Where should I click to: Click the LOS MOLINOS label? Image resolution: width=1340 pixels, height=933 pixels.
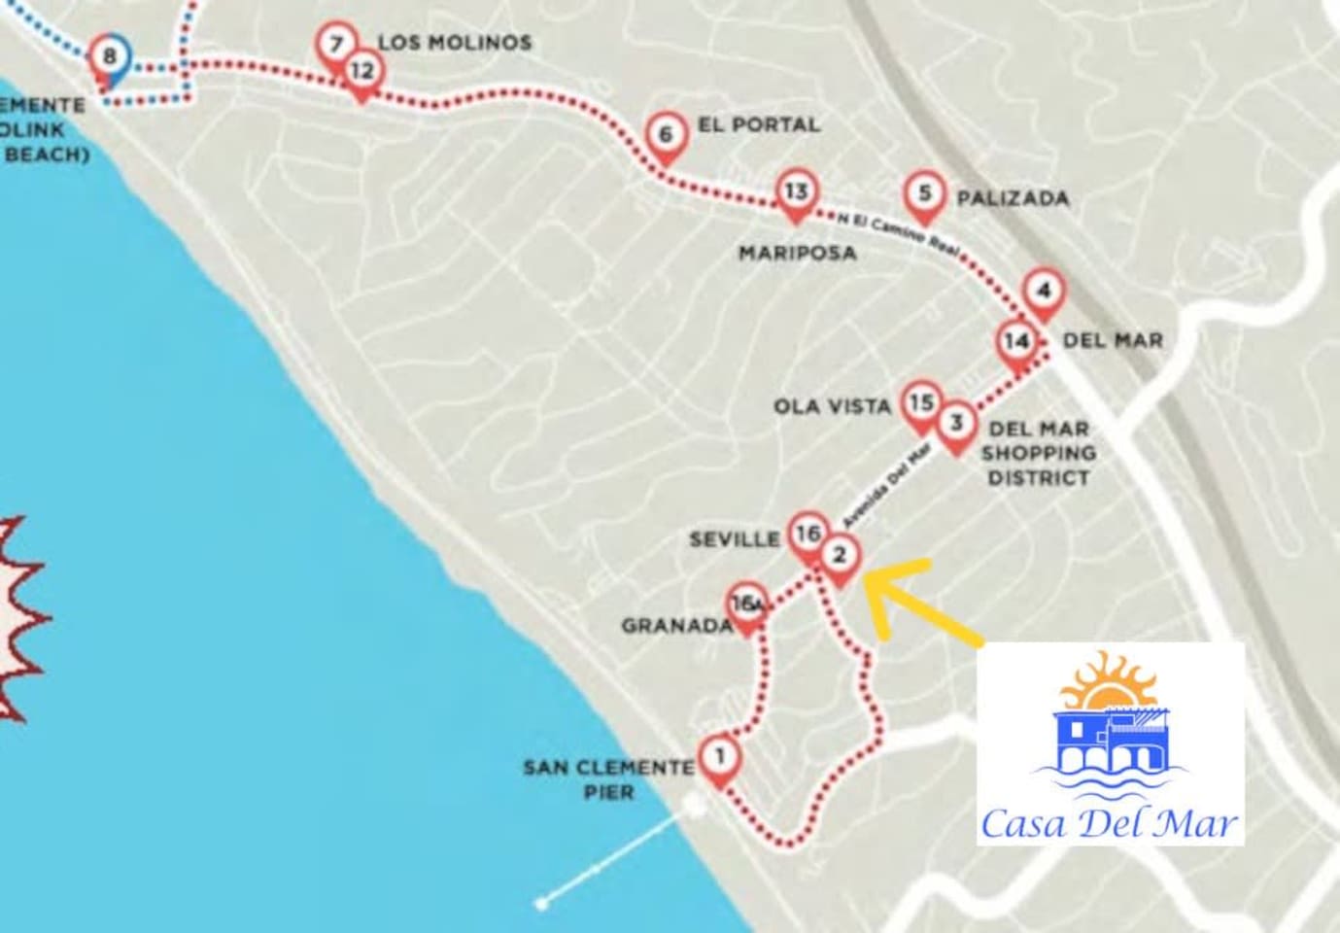point(455,43)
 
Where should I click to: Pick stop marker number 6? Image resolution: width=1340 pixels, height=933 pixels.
point(666,134)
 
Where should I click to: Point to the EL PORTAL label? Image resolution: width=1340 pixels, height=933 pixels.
point(758,125)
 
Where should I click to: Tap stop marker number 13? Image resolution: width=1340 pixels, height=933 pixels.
point(797,191)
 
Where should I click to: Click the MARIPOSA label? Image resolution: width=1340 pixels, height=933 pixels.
point(797,254)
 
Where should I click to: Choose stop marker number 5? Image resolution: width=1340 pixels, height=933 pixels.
point(924,193)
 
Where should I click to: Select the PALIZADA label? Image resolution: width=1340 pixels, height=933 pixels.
point(1013,199)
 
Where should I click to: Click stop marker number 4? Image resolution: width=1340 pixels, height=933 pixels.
point(1044,292)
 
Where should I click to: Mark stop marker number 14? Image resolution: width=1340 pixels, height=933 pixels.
point(1016,342)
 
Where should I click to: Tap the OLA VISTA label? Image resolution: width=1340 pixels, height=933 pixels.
point(832,407)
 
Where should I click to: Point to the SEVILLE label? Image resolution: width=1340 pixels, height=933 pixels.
point(734,539)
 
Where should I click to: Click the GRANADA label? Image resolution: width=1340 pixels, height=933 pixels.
point(676,626)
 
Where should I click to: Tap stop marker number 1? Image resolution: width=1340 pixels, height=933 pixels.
point(719,756)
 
